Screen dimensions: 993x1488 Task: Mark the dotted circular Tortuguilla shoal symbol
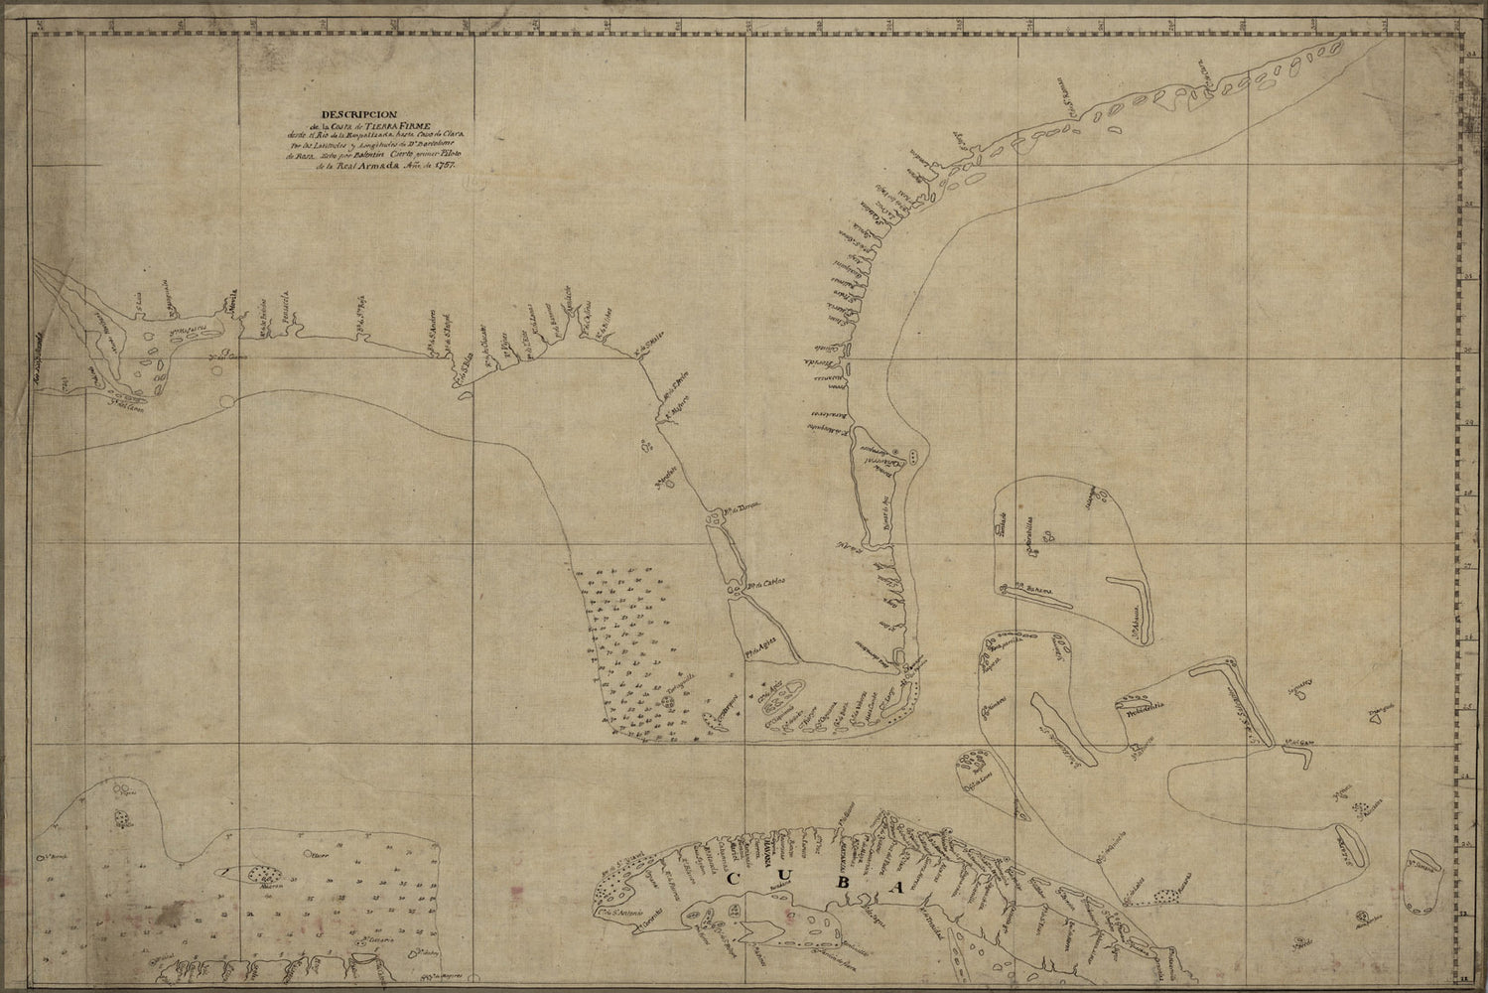(x=668, y=702)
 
